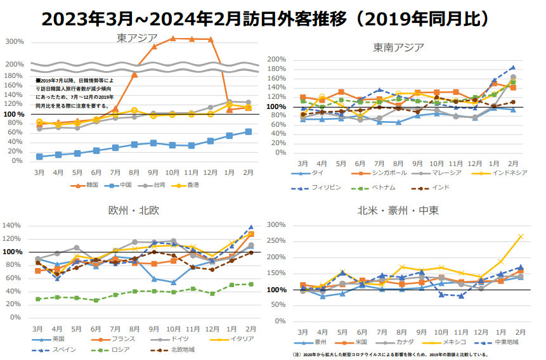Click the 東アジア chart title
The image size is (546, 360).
click(136, 37)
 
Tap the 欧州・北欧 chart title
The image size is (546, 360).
click(133, 210)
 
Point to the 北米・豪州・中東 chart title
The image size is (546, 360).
click(398, 210)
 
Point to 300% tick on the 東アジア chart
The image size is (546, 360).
click(15, 42)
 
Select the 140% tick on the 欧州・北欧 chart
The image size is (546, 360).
click(12, 226)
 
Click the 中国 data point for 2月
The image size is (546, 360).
click(248, 131)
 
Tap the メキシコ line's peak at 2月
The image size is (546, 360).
click(521, 236)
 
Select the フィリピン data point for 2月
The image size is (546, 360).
click(512, 67)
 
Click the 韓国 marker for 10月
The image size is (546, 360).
click(172, 39)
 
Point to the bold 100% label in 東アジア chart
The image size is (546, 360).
click(15, 114)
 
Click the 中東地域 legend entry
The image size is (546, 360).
click(504, 342)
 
